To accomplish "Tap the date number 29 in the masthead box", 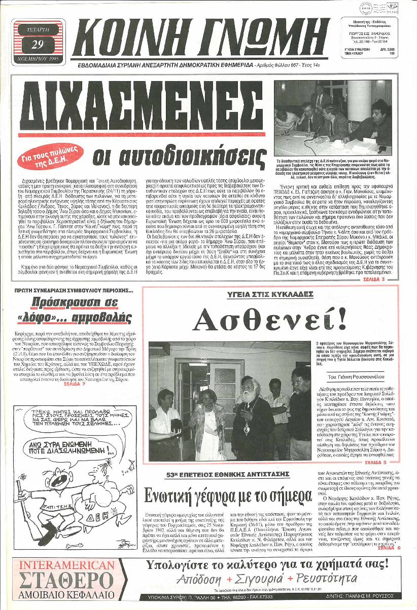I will point(37,44).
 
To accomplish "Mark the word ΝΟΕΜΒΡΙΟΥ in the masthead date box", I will point(37,60).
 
